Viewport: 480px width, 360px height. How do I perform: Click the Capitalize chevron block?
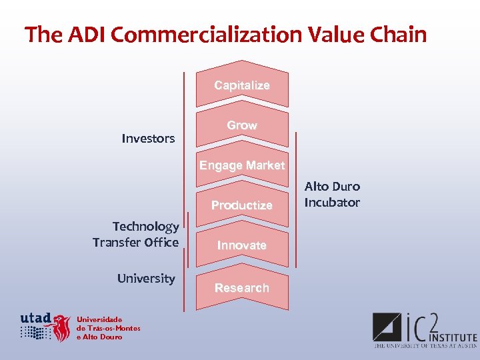(241, 85)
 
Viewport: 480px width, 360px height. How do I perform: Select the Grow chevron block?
(241, 125)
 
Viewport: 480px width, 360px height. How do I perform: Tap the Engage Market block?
(241, 165)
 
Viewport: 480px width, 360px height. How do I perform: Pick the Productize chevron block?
(241, 205)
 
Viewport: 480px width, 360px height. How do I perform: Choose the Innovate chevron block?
(241, 245)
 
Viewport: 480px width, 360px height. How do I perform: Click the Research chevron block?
(241, 288)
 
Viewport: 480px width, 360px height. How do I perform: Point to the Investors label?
(148, 139)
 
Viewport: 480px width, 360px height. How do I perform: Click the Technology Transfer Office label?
(136, 235)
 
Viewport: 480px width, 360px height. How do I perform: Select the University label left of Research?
(146, 279)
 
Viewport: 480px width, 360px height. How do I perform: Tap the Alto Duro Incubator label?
(332, 195)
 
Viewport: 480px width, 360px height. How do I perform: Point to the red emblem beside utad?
(62, 327)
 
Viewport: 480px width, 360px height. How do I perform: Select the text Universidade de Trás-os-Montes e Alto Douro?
(108, 327)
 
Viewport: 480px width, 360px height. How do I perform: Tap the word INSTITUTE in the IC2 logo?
(453, 338)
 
